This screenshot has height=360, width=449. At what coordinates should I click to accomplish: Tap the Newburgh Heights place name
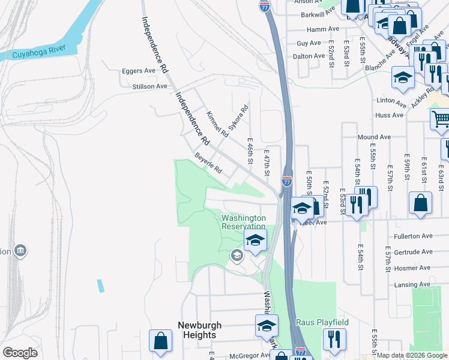click(199, 330)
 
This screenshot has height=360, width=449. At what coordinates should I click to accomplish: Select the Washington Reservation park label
click(244, 222)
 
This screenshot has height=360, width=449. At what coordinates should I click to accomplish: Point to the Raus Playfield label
click(322, 322)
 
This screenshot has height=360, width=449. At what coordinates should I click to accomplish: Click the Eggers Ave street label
click(138, 71)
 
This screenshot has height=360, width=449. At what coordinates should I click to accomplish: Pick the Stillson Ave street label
click(149, 86)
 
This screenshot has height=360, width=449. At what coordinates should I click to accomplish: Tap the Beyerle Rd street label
click(208, 163)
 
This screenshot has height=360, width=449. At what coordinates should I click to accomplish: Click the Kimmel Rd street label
click(216, 123)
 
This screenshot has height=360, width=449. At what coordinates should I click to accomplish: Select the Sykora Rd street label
click(238, 121)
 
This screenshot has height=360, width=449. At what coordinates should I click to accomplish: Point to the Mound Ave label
click(373, 137)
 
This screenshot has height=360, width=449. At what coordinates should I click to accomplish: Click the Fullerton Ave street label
click(413, 236)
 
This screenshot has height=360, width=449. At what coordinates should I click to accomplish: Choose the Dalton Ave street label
click(310, 56)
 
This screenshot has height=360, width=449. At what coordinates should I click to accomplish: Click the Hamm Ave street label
click(322, 29)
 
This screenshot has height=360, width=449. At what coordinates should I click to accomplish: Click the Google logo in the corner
click(20, 353)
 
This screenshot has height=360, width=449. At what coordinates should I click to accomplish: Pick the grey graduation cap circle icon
click(237, 256)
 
